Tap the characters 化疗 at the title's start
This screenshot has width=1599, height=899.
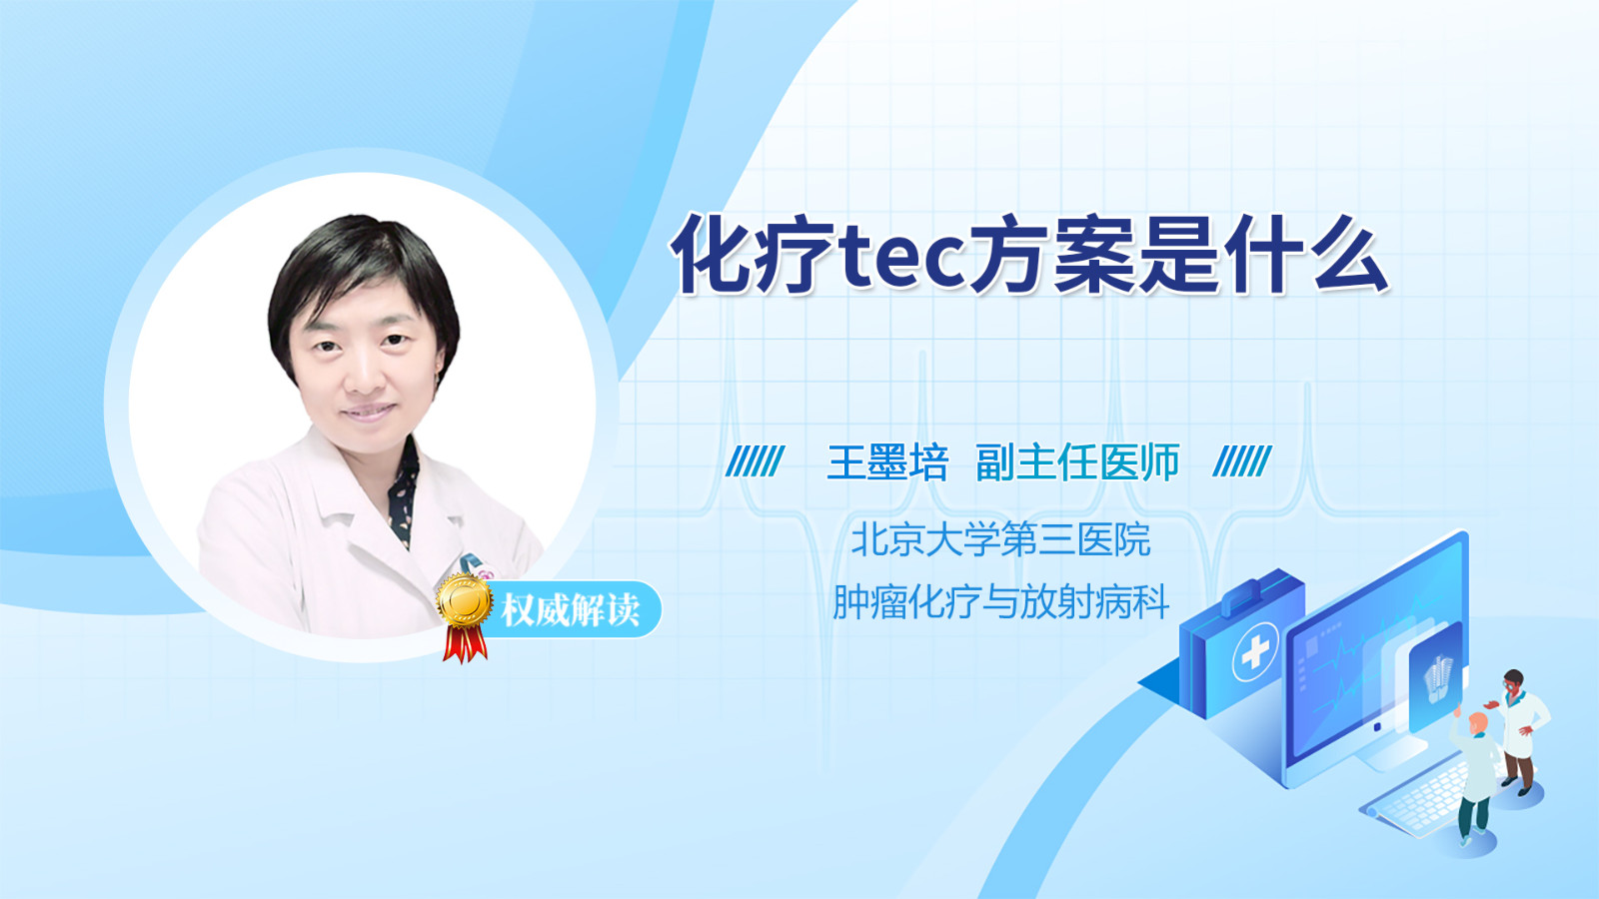pyautogui.click(x=754, y=255)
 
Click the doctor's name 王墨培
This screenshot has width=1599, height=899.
pyautogui.click(x=887, y=462)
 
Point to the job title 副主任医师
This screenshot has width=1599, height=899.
pyautogui.click(x=1077, y=462)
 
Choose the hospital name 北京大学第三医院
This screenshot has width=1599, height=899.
pyautogui.click(x=1000, y=539)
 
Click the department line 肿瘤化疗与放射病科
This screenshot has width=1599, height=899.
pyautogui.click(x=1000, y=601)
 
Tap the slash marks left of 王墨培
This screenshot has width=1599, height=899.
pyautogui.click(x=755, y=460)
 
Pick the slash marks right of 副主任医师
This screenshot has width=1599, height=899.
pyautogui.click(x=1242, y=460)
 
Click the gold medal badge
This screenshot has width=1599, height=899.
pyautogui.click(x=465, y=600)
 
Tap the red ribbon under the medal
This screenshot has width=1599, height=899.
pyautogui.click(x=465, y=644)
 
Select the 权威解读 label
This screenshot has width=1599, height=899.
pyautogui.click(x=570, y=610)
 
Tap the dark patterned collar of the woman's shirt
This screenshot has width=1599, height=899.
pyautogui.click(x=404, y=492)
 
